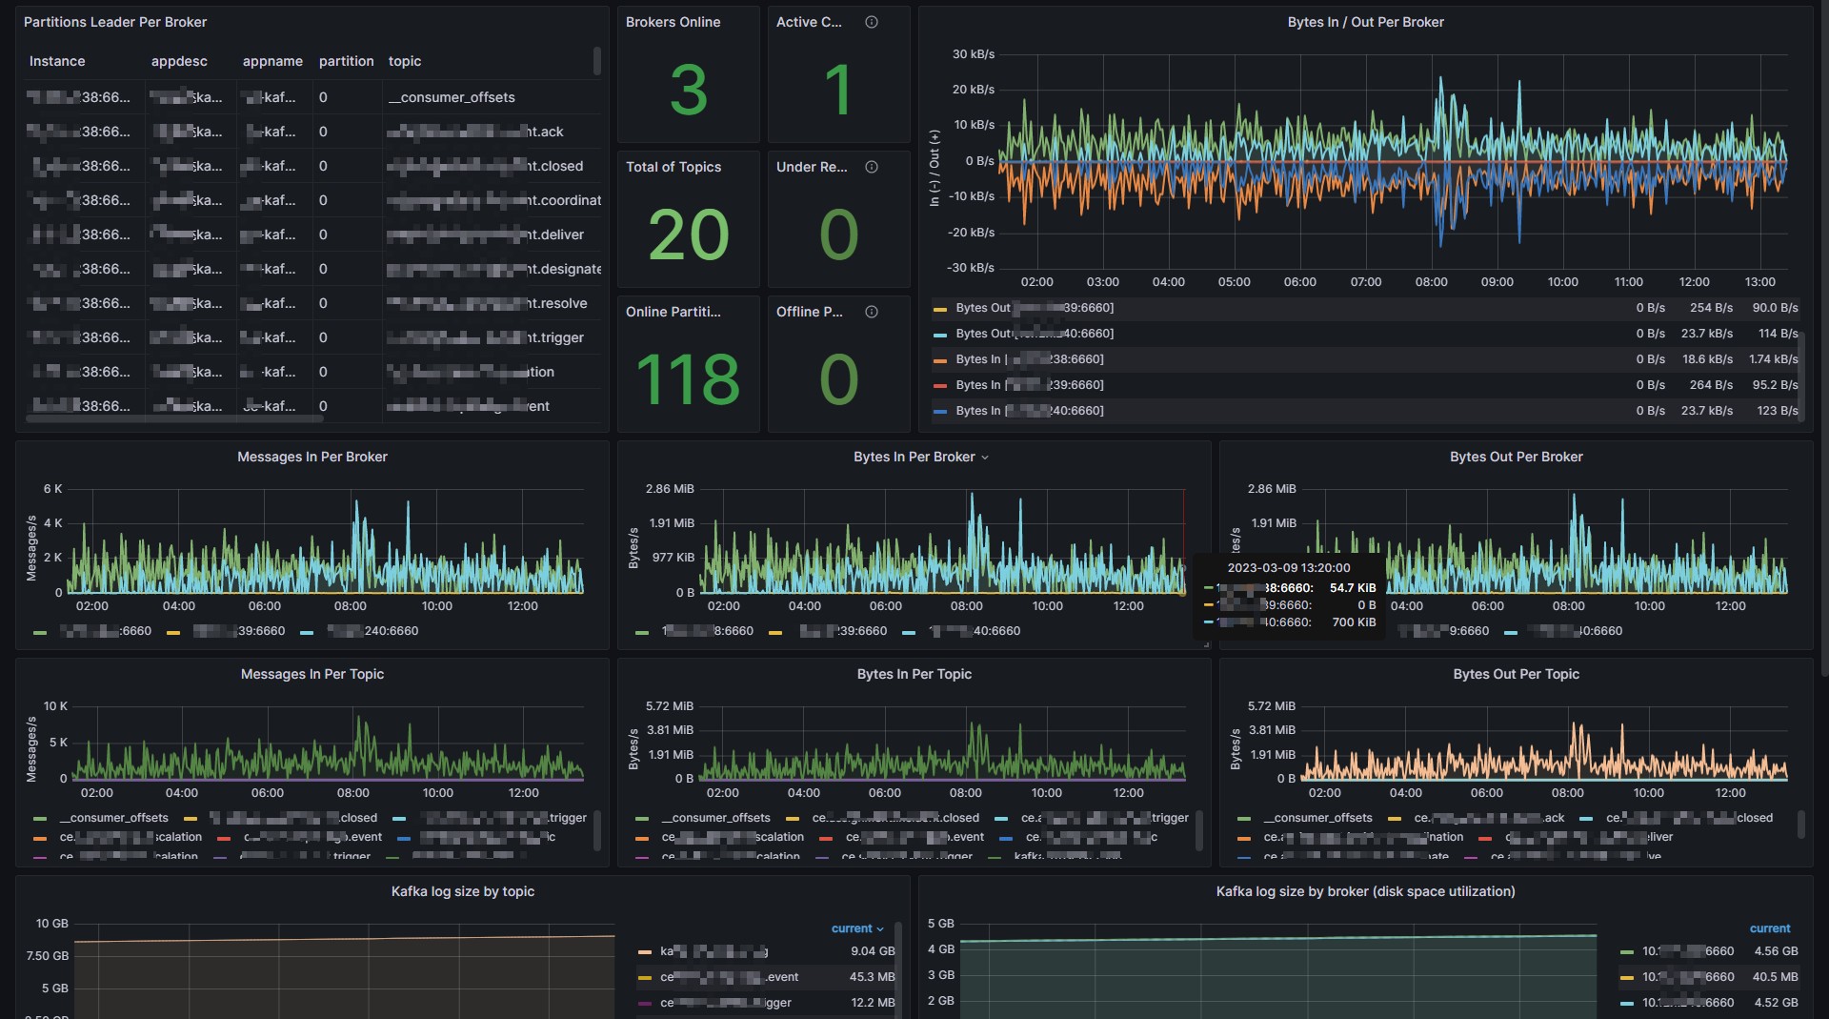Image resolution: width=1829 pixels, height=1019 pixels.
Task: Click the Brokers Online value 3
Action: coord(688,91)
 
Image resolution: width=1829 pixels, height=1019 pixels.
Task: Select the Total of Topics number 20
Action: coord(688,235)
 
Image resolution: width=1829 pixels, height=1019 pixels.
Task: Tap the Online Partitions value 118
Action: coord(688,379)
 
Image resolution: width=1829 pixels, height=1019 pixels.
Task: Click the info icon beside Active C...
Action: coord(871,22)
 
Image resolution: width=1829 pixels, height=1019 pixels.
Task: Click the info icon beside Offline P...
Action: coord(871,312)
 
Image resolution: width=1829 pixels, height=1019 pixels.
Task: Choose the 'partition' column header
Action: coord(346,61)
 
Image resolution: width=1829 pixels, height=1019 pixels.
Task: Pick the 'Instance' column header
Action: coord(57,61)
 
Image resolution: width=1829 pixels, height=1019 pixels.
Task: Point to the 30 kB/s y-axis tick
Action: coord(973,54)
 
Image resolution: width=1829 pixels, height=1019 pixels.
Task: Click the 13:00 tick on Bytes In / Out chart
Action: coord(1759,282)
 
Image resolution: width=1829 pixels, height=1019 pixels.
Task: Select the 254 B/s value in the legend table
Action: coord(1711,308)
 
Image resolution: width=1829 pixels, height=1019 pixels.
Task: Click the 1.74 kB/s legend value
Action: coord(1773,359)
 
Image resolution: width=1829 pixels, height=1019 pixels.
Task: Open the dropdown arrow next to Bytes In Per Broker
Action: coord(985,458)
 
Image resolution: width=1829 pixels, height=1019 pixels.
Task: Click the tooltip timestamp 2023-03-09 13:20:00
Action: coord(1288,567)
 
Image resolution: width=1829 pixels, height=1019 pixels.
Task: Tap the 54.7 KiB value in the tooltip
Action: coord(1353,588)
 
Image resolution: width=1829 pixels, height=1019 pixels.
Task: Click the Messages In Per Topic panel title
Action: coord(312,674)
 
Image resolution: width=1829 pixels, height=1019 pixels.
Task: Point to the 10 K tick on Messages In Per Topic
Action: coord(55,706)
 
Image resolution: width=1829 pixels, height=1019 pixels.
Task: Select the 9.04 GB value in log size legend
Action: coord(873,951)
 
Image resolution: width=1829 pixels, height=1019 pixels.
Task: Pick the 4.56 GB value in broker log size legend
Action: coord(1776,951)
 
